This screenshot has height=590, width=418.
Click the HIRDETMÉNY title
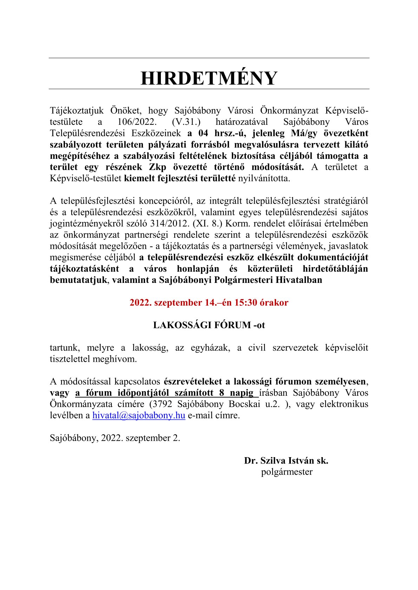point(209,78)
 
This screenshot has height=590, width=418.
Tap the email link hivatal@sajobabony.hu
point(139,415)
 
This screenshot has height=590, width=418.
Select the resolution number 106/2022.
point(135,122)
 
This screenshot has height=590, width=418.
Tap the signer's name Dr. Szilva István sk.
point(286,461)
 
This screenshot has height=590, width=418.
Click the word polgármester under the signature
point(287,472)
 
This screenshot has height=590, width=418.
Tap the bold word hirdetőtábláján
point(335,269)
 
